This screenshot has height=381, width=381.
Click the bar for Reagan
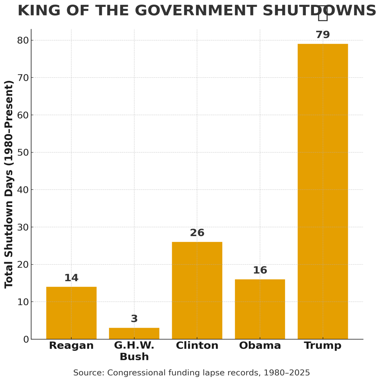point(71,313)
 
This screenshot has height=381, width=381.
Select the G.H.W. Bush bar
point(134,333)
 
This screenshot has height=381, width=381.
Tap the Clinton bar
point(197,290)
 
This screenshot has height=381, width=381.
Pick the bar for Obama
point(260,309)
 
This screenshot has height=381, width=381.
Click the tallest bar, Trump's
point(322,191)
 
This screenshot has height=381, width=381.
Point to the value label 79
point(322,35)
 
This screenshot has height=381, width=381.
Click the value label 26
point(197,233)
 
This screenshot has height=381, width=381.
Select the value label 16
point(260,271)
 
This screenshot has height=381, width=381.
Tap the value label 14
point(71,278)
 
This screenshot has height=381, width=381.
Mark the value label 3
point(134,319)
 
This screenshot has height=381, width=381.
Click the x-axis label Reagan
point(71,346)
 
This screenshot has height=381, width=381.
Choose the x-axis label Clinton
point(197,346)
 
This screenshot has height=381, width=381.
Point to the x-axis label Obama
point(260,346)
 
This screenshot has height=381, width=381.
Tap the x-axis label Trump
point(322,346)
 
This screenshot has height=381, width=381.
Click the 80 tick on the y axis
point(23,41)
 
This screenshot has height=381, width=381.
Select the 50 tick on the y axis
point(23,152)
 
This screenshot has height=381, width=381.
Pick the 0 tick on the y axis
point(25,339)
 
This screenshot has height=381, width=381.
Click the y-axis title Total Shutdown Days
point(9,184)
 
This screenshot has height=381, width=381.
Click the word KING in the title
point(39,11)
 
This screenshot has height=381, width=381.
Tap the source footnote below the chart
point(192,373)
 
